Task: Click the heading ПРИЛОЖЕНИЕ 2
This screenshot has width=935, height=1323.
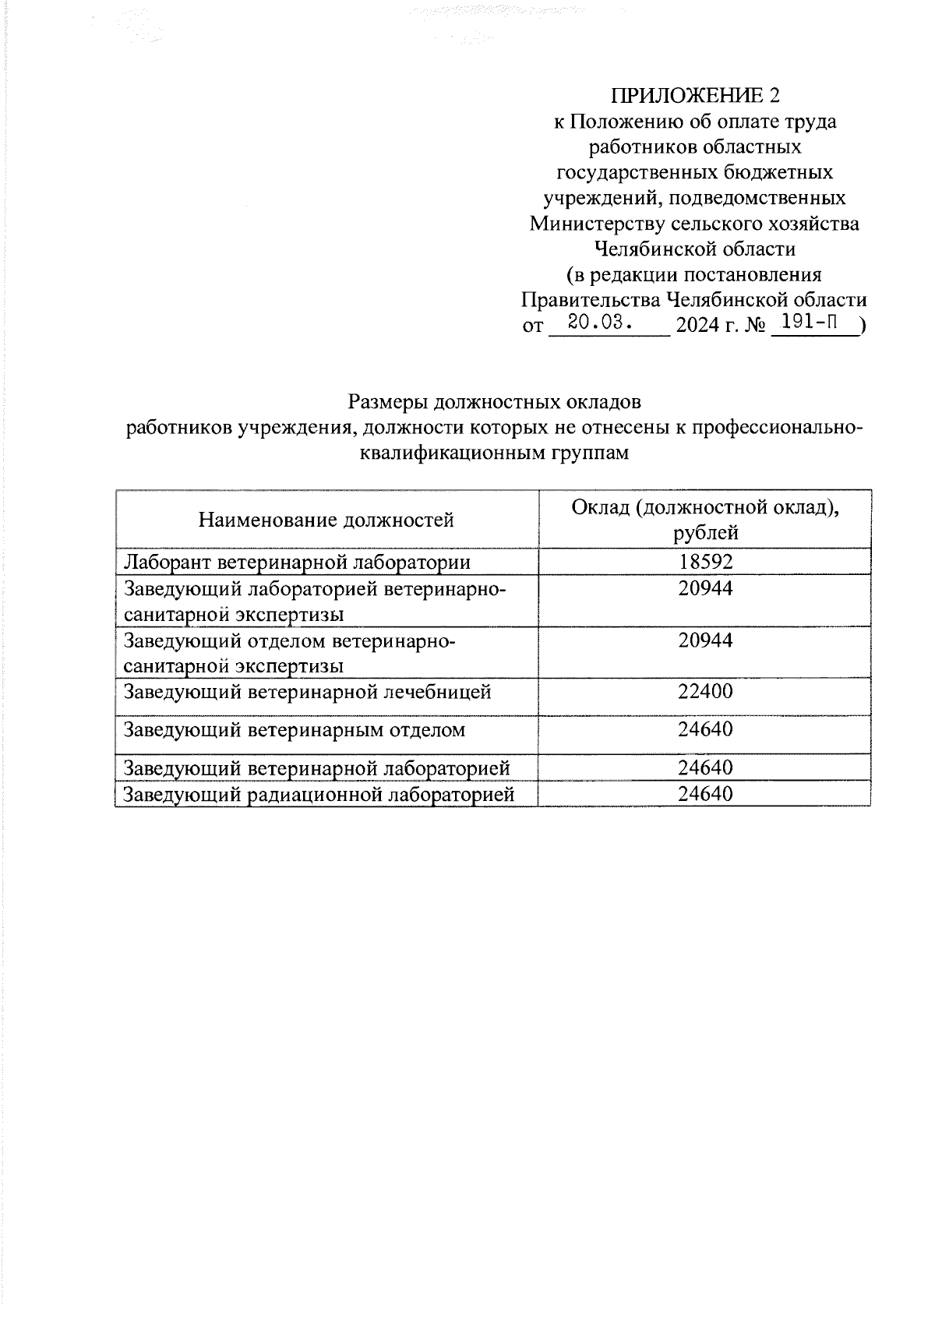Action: point(694,96)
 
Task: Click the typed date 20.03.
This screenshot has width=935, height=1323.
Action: point(598,322)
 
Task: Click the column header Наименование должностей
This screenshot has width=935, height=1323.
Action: point(326,520)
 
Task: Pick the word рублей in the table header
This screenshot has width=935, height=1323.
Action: point(705,534)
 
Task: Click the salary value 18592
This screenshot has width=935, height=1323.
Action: point(705,562)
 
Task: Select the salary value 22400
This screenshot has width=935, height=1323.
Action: point(705,691)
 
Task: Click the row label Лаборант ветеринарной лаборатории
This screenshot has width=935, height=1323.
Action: point(298,562)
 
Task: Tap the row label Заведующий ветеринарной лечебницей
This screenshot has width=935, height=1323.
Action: point(308,691)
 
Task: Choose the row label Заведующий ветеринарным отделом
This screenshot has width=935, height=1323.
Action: point(295,730)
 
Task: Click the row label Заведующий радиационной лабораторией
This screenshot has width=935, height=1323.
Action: point(319,795)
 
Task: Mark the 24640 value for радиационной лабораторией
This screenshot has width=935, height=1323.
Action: point(705,794)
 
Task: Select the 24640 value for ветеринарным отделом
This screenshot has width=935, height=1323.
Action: point(705,729)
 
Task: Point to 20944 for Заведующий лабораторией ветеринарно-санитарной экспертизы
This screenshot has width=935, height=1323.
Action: point(705,588)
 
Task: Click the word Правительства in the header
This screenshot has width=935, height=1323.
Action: point(590,300)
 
